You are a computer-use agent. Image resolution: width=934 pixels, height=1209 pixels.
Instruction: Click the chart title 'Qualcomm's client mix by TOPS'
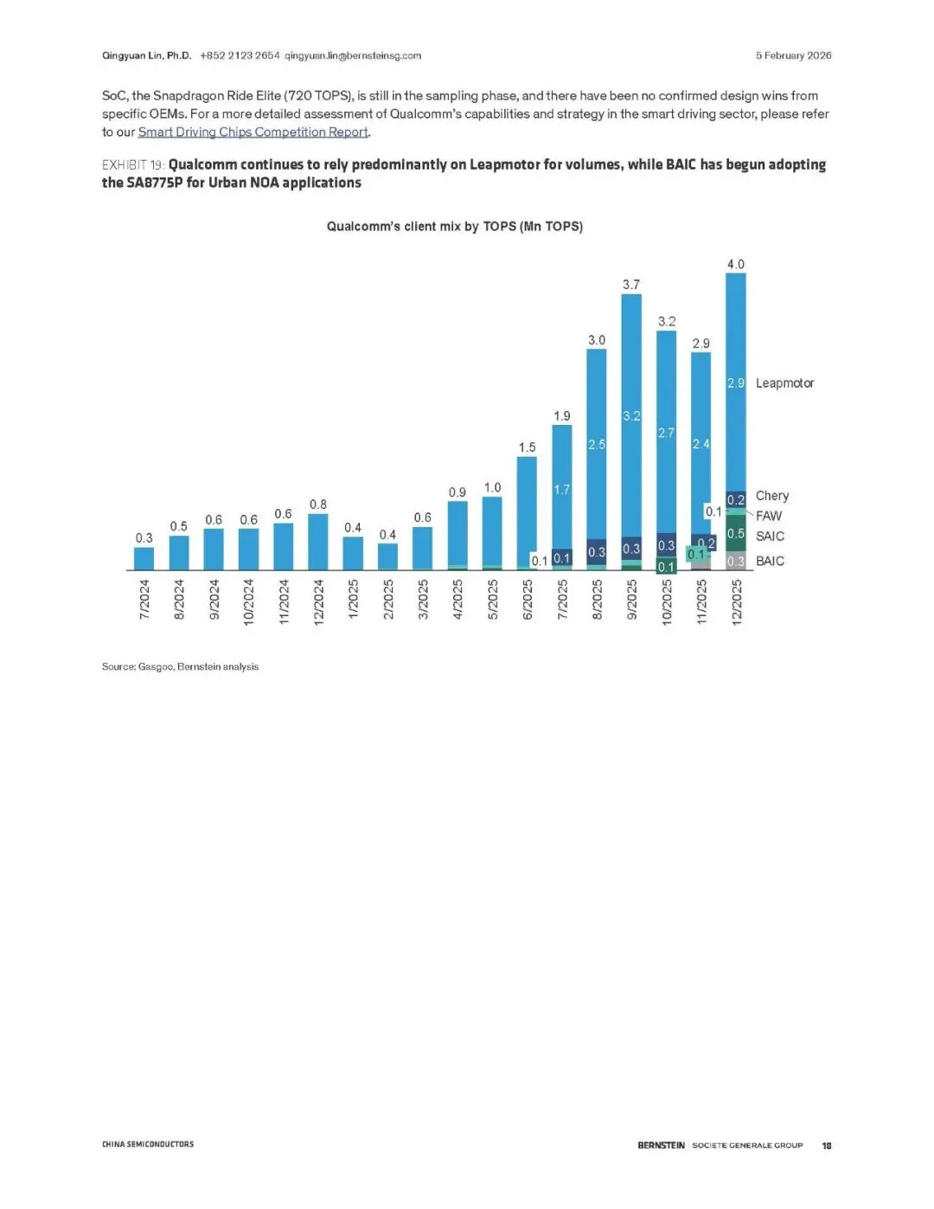[x=454, y=227]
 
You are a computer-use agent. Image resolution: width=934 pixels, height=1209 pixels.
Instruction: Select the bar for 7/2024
[x=144, y=558]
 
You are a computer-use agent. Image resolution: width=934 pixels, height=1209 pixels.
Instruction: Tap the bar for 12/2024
[x=318, y=542]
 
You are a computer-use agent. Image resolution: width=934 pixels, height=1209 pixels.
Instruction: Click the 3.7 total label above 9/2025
[x=631, y=285]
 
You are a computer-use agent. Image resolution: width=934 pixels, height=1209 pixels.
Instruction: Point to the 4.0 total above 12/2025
[x=735, y=265]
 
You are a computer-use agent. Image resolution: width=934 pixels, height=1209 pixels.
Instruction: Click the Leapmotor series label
[x=784, y=383]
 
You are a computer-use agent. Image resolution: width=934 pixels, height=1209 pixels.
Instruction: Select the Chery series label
[x=772, y=496]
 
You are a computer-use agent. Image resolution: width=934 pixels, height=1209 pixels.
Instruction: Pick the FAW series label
[x=769, y=516]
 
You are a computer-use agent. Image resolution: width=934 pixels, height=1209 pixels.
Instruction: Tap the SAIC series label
[x=770, y=537]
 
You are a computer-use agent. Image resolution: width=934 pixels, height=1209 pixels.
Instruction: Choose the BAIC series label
[x=770, y=561]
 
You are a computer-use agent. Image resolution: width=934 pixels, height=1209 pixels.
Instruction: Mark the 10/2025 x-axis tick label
[x=667, y=601]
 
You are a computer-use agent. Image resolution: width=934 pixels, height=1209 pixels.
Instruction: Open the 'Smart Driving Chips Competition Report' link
[x=253, y=132]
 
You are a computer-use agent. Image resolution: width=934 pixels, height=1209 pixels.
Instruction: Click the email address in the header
[x=353, y=55]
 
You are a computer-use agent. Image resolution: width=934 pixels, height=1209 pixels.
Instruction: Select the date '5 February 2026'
[x=793, y=55]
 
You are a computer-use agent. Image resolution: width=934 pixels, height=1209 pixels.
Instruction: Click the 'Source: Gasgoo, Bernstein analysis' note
[x=180, y=666]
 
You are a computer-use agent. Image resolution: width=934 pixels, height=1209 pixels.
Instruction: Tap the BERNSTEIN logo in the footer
[x=661, y=1145]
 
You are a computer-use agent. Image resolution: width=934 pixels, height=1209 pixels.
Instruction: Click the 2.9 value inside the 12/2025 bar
[x=735, y=383]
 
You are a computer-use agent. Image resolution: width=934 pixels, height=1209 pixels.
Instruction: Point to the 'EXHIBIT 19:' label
[x=133, y=165]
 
